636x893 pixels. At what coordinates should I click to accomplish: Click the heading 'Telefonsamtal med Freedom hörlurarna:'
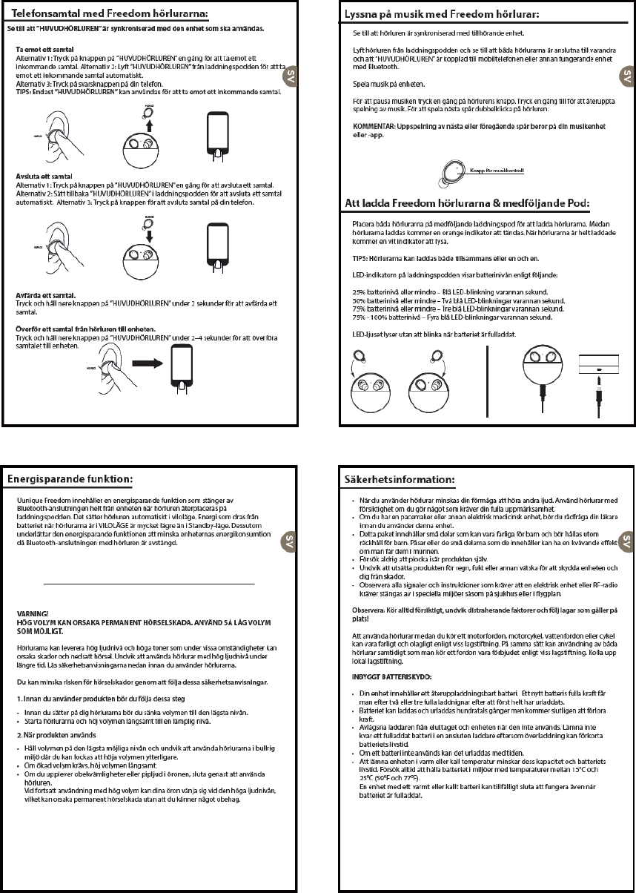click(x=104, y=14)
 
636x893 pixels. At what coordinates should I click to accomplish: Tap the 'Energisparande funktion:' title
click(x=70, y=479)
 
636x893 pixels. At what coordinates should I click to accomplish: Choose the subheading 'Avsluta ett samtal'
click(x=39, y=175)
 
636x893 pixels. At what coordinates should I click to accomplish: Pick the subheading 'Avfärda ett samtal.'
click(x=46, y=295)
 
